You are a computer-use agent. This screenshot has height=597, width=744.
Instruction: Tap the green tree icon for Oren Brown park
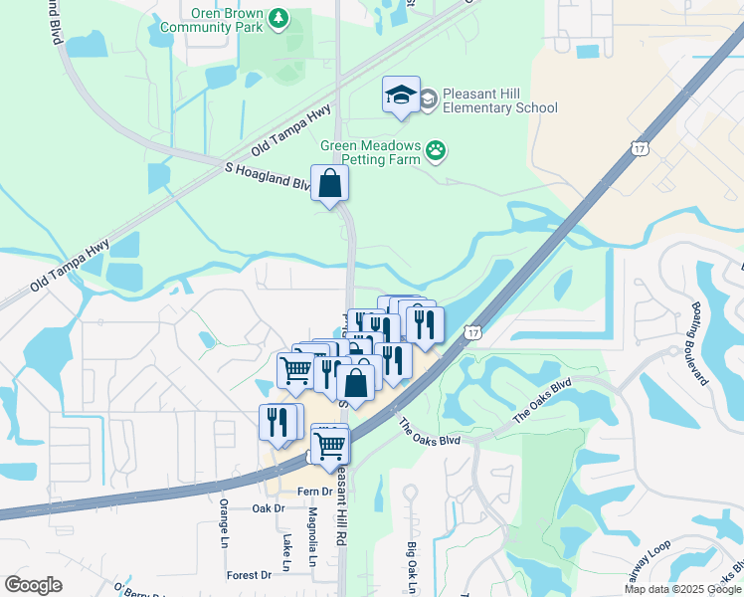click(279, 16)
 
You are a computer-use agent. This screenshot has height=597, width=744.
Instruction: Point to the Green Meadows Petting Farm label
click(371, 151)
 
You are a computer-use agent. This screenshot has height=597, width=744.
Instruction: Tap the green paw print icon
click(436, 151)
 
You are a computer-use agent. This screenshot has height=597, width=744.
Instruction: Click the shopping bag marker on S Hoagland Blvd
click(330, 184)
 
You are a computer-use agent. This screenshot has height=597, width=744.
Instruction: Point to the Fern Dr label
click(298, 492)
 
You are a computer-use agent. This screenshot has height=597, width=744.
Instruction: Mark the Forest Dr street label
click(249, 575)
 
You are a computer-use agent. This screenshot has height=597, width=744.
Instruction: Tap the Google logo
click(33, 585)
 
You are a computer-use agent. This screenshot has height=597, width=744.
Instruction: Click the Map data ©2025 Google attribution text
click(683, 589)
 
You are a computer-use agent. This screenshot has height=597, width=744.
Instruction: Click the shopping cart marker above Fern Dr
click(330, 444)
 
